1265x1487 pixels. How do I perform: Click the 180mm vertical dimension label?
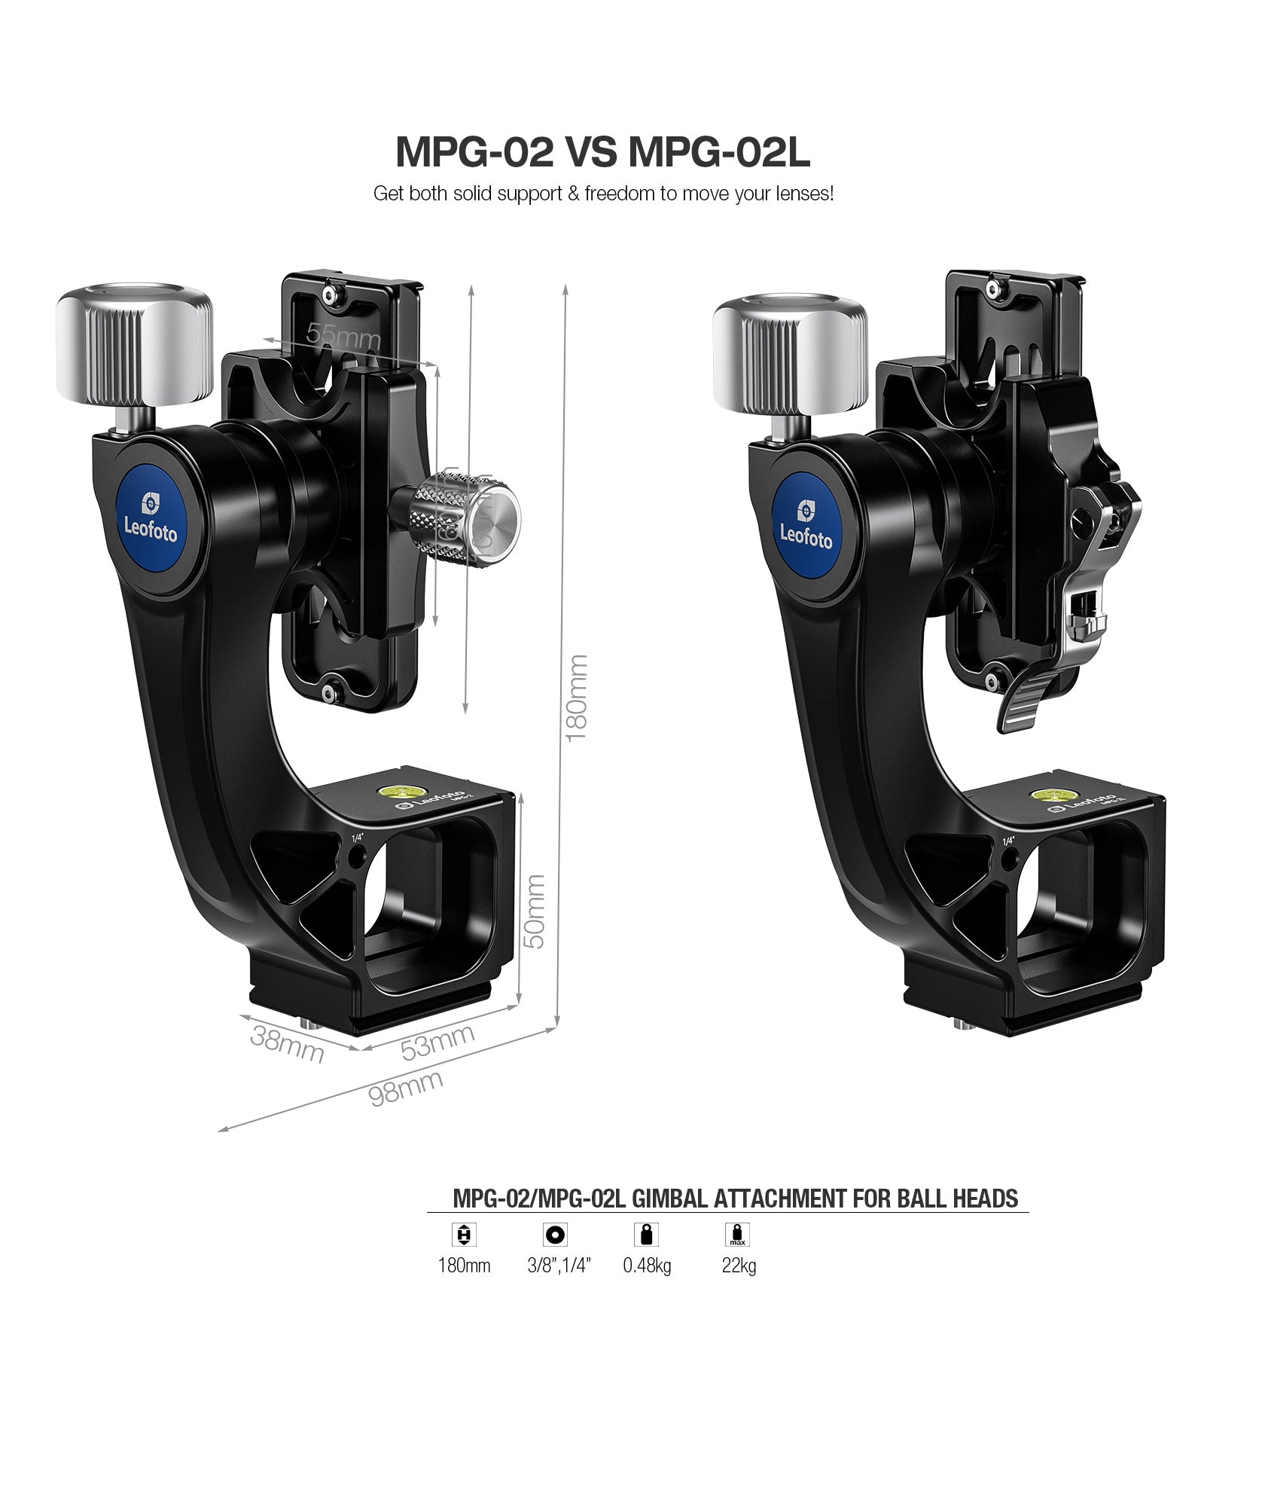click(x=576, y=698)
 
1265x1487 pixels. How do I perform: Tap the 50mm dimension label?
click(x=534, y=911)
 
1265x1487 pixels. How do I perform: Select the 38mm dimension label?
click(x=287, y=1043)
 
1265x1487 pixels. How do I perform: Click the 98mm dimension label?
click(x=405, y=1089)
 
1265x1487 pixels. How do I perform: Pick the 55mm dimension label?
click(x=343, y=336)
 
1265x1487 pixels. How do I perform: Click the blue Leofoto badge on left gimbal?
click(x=151, y=520)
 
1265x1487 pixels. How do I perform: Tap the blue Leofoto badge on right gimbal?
click(x=806, y=526)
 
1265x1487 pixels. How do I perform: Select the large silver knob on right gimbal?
click(x=790, y=354)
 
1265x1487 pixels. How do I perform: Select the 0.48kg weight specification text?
click(x=647, y=1266)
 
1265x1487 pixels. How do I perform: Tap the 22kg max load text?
click(x=739, y=1266)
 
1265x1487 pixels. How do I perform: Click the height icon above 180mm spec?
click(x=464, y=1235)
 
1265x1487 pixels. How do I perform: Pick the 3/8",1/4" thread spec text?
click(x=559, y=1266)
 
